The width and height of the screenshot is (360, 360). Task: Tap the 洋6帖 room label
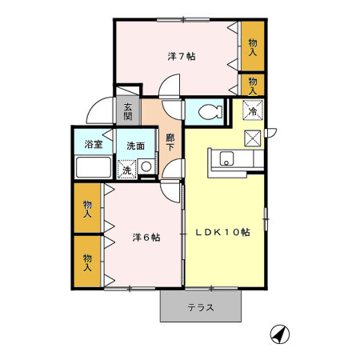coord(146,238)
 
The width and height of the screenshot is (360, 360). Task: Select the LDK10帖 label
coord(223,232)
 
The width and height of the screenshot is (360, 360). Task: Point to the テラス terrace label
coord(201,307)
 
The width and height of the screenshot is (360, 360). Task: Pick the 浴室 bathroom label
coord(94,145)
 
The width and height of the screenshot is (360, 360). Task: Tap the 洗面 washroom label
coord(134,145)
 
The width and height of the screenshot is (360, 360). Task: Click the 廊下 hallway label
coord(170,141)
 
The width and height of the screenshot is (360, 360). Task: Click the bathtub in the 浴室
coord(93,170)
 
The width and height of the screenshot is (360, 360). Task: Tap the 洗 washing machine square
coord(126,170)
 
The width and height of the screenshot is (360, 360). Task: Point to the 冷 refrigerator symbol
coord(252,111)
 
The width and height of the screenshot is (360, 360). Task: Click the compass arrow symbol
coord(278,334)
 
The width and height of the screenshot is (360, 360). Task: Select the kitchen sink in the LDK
coord(226,158)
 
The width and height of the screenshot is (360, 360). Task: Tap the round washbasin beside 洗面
coord(146,168)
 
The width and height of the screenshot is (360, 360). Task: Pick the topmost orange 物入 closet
coord(253,46)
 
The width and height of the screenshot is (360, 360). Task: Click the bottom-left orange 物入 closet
coord(88,261)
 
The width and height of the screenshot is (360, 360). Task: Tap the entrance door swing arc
coord(98,110)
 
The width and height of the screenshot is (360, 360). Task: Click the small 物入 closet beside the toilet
coord(253,83)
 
